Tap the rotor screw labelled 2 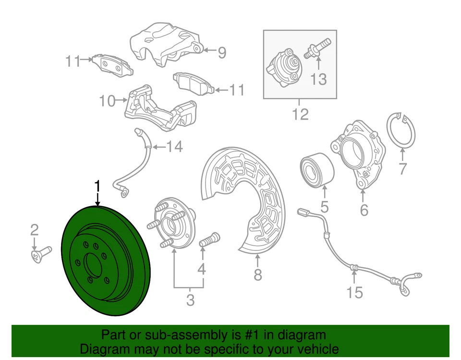(x=41, y=253)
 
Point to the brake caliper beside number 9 (x=168, y=46)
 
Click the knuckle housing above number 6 (x=358, y=151)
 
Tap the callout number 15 (x=354, y=291)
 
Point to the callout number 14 (x=174, y=146)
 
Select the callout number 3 (x=190, y=300)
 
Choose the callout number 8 (x=258, y=275)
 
